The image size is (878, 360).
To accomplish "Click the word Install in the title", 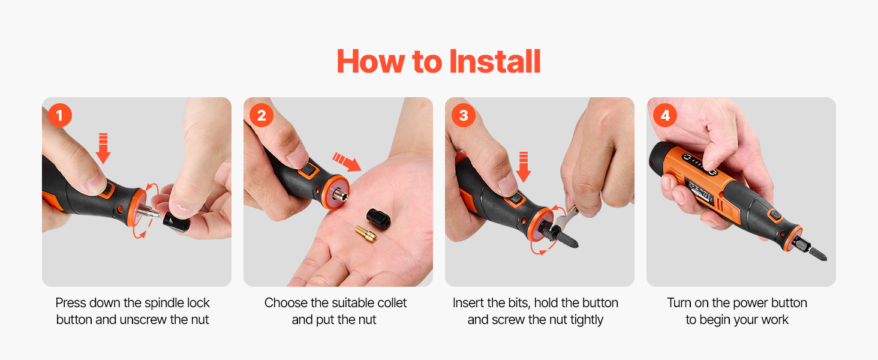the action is click(495, 62).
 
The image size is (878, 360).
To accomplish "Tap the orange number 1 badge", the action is click(59, 115).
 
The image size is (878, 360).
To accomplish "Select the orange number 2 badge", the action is click(261, 115).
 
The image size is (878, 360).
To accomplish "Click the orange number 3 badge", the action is click(464, 115).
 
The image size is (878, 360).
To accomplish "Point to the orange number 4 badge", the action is click(665, 115).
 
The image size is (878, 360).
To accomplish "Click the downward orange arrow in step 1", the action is click(103, 148).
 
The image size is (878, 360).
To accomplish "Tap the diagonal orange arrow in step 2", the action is click(347, 161).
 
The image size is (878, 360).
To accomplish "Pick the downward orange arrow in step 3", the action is click(524, 167).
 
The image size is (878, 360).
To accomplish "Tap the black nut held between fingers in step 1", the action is click(176, 222).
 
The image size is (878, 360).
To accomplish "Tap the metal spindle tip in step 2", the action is click(340, 195).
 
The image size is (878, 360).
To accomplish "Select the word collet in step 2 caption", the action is click(392, 303).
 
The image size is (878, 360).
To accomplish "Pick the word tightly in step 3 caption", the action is click(587, 320).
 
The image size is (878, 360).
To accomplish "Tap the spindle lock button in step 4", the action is click(774, 215).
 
